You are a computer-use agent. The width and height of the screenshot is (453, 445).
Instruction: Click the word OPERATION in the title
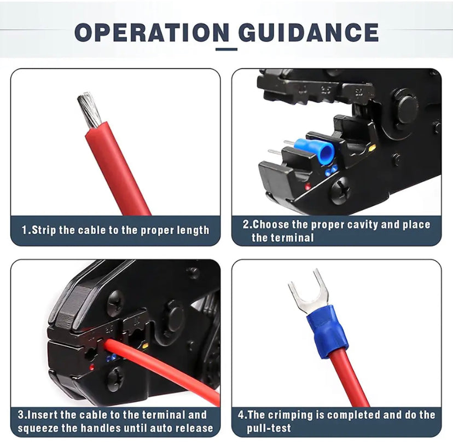coord(152,32)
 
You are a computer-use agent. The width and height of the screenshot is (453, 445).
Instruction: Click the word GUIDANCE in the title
coord(309,32)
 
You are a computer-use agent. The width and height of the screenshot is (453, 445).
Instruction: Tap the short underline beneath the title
coord(226,49)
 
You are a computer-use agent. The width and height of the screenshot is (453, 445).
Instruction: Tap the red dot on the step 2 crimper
coord(308,187)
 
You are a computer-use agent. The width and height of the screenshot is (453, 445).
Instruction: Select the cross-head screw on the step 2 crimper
coord(340,190)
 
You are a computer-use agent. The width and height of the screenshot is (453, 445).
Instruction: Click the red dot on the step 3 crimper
coord(92,368)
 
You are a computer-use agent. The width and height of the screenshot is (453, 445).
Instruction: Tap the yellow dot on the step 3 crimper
coord(146,345)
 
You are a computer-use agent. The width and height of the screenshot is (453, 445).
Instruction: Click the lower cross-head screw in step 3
coord(115,379)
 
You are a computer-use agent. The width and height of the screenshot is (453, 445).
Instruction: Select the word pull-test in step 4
coord(269,427)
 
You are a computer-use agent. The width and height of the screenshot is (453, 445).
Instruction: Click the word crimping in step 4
coord(290,415)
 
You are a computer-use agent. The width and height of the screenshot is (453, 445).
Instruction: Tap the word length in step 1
coord(193,230)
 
